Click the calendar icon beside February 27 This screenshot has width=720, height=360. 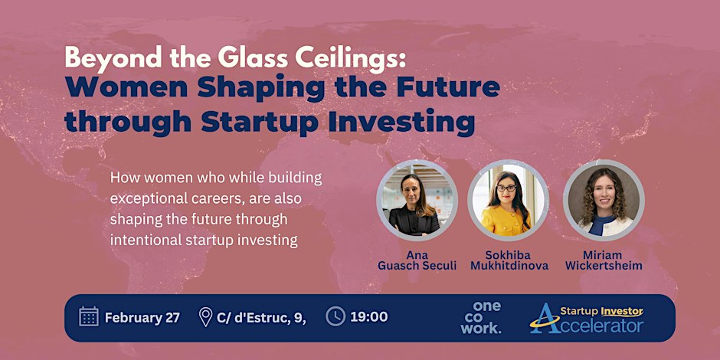tap(89, 317)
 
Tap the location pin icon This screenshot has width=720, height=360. tap(205, 317)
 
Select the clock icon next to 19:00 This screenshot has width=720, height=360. tap(335, 316)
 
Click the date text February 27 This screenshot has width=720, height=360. tap(142, 317)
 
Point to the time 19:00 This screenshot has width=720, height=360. tap(369, 317)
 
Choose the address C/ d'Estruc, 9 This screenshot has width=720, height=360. tap(261, 317)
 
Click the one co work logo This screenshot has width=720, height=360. tap(481, 317)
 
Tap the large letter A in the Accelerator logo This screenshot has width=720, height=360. tap(544, 318)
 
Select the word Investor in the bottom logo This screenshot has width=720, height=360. tap(622, 311)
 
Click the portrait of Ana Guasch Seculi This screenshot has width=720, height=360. tap(417, 200)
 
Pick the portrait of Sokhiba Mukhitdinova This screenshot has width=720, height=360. tap(508, 200)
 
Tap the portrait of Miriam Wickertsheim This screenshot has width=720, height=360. tap(604, 200)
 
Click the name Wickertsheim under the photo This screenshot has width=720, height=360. tap(604, 266)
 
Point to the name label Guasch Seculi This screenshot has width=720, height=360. tap(417, 266)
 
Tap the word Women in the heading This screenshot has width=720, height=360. tap(126, 88)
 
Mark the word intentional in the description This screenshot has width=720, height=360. tap(142, 241)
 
